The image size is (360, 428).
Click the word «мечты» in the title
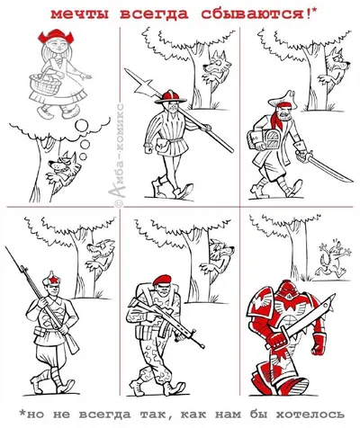click(x=80, y=13)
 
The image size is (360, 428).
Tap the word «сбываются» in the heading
click(x=253, y=13)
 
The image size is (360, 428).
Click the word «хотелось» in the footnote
click(x=310, y=415)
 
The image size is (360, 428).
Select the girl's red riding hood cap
click(x=55, y=35)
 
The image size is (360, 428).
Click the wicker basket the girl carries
click(x=45, y=84)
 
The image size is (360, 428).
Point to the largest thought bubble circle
click(x=81, y=125)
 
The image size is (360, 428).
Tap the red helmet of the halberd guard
click(x=170, y=97)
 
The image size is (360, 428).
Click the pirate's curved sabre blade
click(x=330, y=169)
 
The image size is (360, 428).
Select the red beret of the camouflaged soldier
click(x=163, y=280)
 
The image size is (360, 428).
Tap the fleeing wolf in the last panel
click(x=333, y=259)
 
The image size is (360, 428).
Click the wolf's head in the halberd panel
click(x=217, y=64)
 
